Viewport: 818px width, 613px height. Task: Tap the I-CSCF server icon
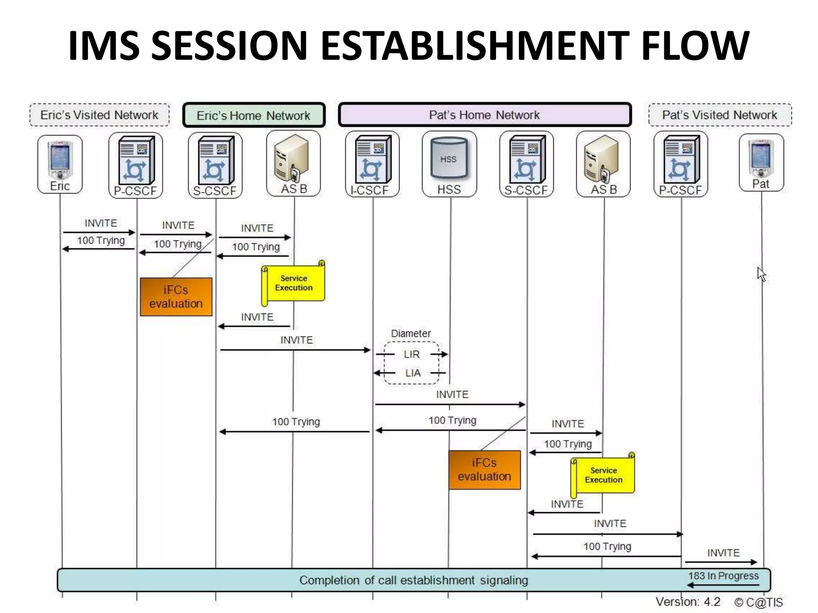(x=372, y=159)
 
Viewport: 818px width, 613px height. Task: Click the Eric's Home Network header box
(x=254, y=115)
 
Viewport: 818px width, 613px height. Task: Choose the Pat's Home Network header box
(x=484, y=115)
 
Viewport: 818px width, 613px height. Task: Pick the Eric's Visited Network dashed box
(x=99, y=115)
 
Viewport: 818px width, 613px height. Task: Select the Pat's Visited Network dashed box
(x=720, y=115)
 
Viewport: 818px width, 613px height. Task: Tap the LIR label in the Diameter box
(x=412, y=354)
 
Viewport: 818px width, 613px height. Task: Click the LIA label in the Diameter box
(x=413, y=373)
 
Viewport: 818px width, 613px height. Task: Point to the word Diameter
(x=411, y=334)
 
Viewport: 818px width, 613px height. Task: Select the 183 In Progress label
(x=723, y=576)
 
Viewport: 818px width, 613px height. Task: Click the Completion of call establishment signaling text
(x=413, y=580)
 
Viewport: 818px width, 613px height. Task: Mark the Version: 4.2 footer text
(x=688, y=602)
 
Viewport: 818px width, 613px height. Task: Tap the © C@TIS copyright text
(x=758, y=602)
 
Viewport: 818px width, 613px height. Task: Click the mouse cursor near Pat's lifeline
(x=761, y=274)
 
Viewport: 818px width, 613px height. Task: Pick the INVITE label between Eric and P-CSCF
(x=101, y=223)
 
